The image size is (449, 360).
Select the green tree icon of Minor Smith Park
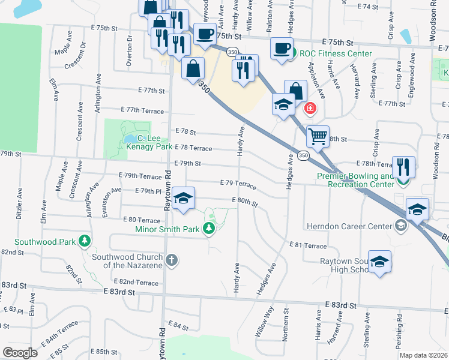click(208, 228)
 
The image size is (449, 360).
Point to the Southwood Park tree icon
click(85, 241)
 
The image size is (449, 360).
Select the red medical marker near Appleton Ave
click(310, 109)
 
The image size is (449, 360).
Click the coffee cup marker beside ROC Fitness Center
click(282, 49)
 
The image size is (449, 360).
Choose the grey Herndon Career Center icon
click(400, 226)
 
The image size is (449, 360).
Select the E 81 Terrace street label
click(307, 245)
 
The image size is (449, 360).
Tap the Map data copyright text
click(424, 355)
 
